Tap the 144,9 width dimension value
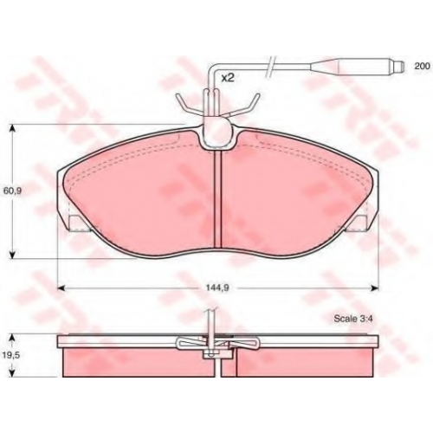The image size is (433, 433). (217, 288)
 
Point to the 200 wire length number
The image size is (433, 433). (422, 66)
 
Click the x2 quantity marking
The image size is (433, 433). (227, 78)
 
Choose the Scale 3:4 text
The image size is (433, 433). (352, 319)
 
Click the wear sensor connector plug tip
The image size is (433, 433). (398, 66)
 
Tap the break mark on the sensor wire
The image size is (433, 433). (270, 67)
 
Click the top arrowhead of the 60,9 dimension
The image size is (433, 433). (12, 128)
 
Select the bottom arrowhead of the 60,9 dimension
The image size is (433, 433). (12, 255)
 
